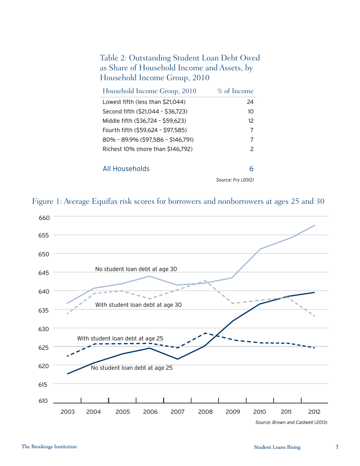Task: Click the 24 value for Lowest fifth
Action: (x=250, y=102)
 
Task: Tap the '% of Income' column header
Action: (x=235, y=91)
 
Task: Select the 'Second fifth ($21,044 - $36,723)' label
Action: (x=145, y=111)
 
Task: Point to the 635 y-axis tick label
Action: (x=44, y=310)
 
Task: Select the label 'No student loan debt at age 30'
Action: (x=136, y=269)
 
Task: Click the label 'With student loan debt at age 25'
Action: (x=120, y=338)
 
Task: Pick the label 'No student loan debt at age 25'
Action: (x=131, y=367)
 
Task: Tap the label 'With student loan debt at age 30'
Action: (x=138, y=304)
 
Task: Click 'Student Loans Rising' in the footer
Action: (x=277, y=447)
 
